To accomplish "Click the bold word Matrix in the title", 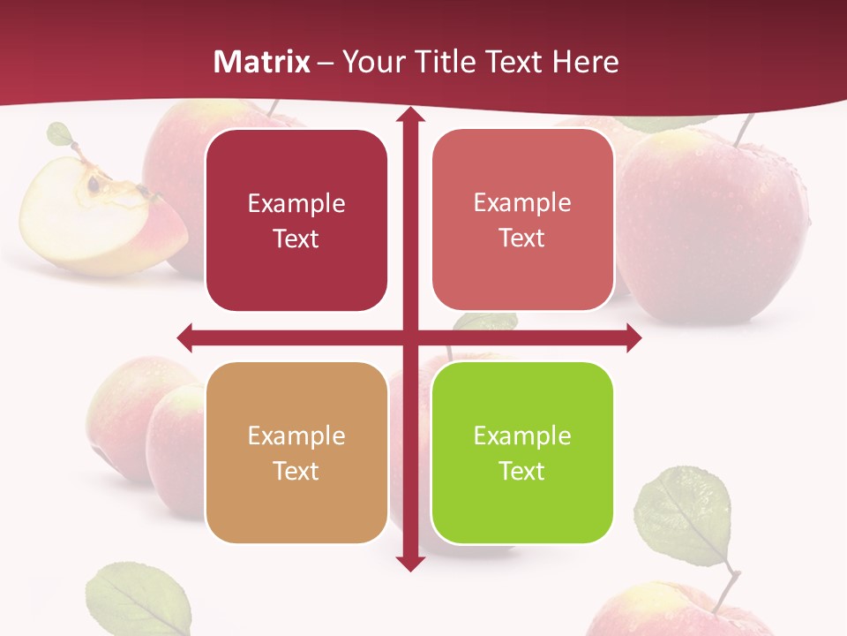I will tap(262, 62).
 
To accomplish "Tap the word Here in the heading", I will tap(585, 62).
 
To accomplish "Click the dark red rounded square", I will tap(296, 221).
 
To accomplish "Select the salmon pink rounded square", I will tap(522, 220).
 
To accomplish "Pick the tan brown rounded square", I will tap(296, 452).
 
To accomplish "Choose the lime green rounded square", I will tap(522, 452).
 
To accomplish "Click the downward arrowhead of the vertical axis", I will tap(409, 564).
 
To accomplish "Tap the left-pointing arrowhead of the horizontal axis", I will tap(184, 337).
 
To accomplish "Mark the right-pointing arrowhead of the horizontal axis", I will tap(633, 337).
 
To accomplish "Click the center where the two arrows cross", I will tap(409, 337).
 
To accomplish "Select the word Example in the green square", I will tap(522, 435).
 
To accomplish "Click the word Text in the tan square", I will tap(296, 471).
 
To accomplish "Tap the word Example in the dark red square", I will tap(296, 203).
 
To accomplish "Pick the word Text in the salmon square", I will tap(522, 238).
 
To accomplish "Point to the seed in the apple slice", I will tap(93, 185).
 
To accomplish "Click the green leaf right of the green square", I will tap(685, 517).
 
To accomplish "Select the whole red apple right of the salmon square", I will tap(715, 225).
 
